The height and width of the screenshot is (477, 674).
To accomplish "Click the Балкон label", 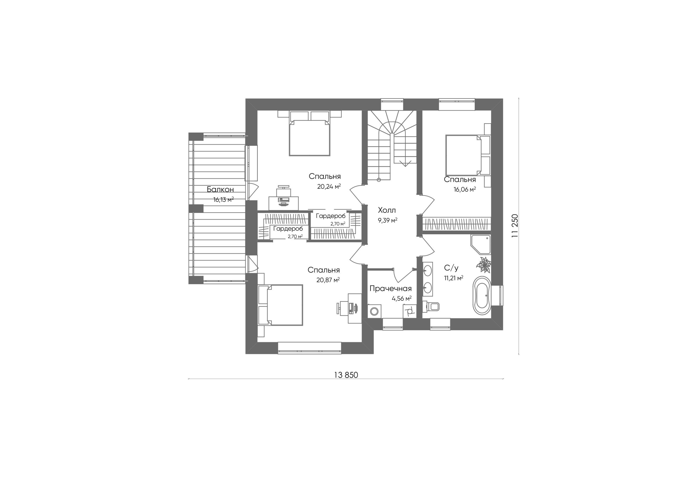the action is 220,189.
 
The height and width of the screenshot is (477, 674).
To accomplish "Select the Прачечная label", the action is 390,289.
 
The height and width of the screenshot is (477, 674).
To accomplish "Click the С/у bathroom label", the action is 451,268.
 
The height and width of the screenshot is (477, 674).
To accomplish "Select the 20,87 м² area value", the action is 328,280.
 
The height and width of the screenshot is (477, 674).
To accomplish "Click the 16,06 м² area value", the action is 465,189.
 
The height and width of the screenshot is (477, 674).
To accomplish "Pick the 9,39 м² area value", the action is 388,220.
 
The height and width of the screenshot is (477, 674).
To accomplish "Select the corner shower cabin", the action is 480,244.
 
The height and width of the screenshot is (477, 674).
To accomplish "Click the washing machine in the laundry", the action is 374,311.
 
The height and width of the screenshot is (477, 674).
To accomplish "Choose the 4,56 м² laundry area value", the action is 402,299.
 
